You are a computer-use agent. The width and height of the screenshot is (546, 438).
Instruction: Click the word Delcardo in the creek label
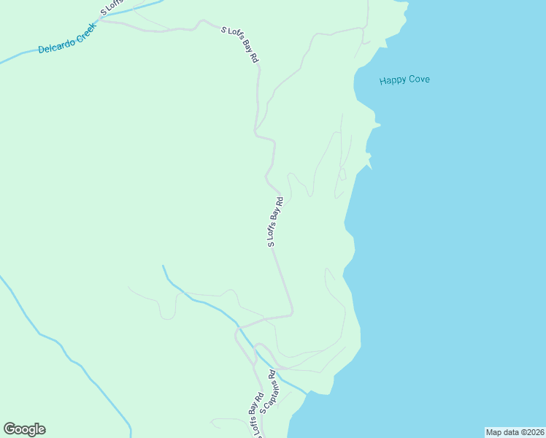[x=55, y=48]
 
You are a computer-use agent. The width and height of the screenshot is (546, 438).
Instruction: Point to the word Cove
[x=419, y=79]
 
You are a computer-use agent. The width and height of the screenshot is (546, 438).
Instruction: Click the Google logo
[x=24, y=429]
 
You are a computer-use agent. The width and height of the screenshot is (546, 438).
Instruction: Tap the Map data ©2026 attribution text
[x=515, y=432]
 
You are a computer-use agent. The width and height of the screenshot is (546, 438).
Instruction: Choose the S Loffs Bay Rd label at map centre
[x=274, y=222]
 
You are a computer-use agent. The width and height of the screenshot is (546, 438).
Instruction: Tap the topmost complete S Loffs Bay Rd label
[x=240, y=43]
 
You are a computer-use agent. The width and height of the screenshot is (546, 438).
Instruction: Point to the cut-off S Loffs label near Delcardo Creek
[x=112, y=8]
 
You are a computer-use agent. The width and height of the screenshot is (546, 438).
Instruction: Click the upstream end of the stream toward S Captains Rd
[x=164, y=266]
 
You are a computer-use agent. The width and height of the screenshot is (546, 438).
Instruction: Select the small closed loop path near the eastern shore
[x=342, y=174]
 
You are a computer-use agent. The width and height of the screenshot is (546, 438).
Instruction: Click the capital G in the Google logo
[x=9, y=429]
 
